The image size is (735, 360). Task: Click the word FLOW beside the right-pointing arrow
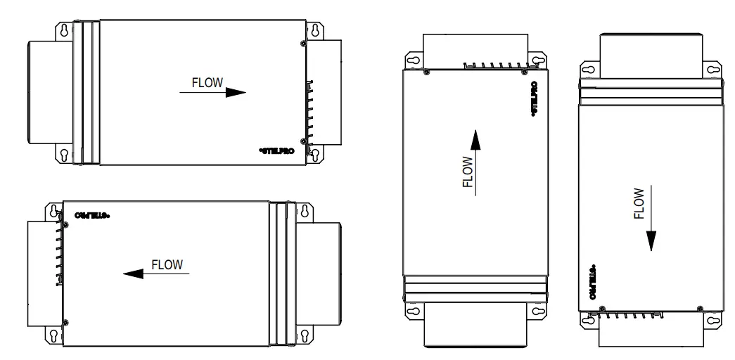[207, 82]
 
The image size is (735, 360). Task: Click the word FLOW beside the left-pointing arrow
[167, 265]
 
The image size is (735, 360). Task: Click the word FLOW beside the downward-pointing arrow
[639, 203]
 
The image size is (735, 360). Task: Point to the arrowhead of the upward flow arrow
[475, 140]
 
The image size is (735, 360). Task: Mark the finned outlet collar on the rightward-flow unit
[328, 91]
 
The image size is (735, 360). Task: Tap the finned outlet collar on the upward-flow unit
[474, 49]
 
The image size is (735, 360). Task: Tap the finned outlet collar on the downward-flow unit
[646, 330]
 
